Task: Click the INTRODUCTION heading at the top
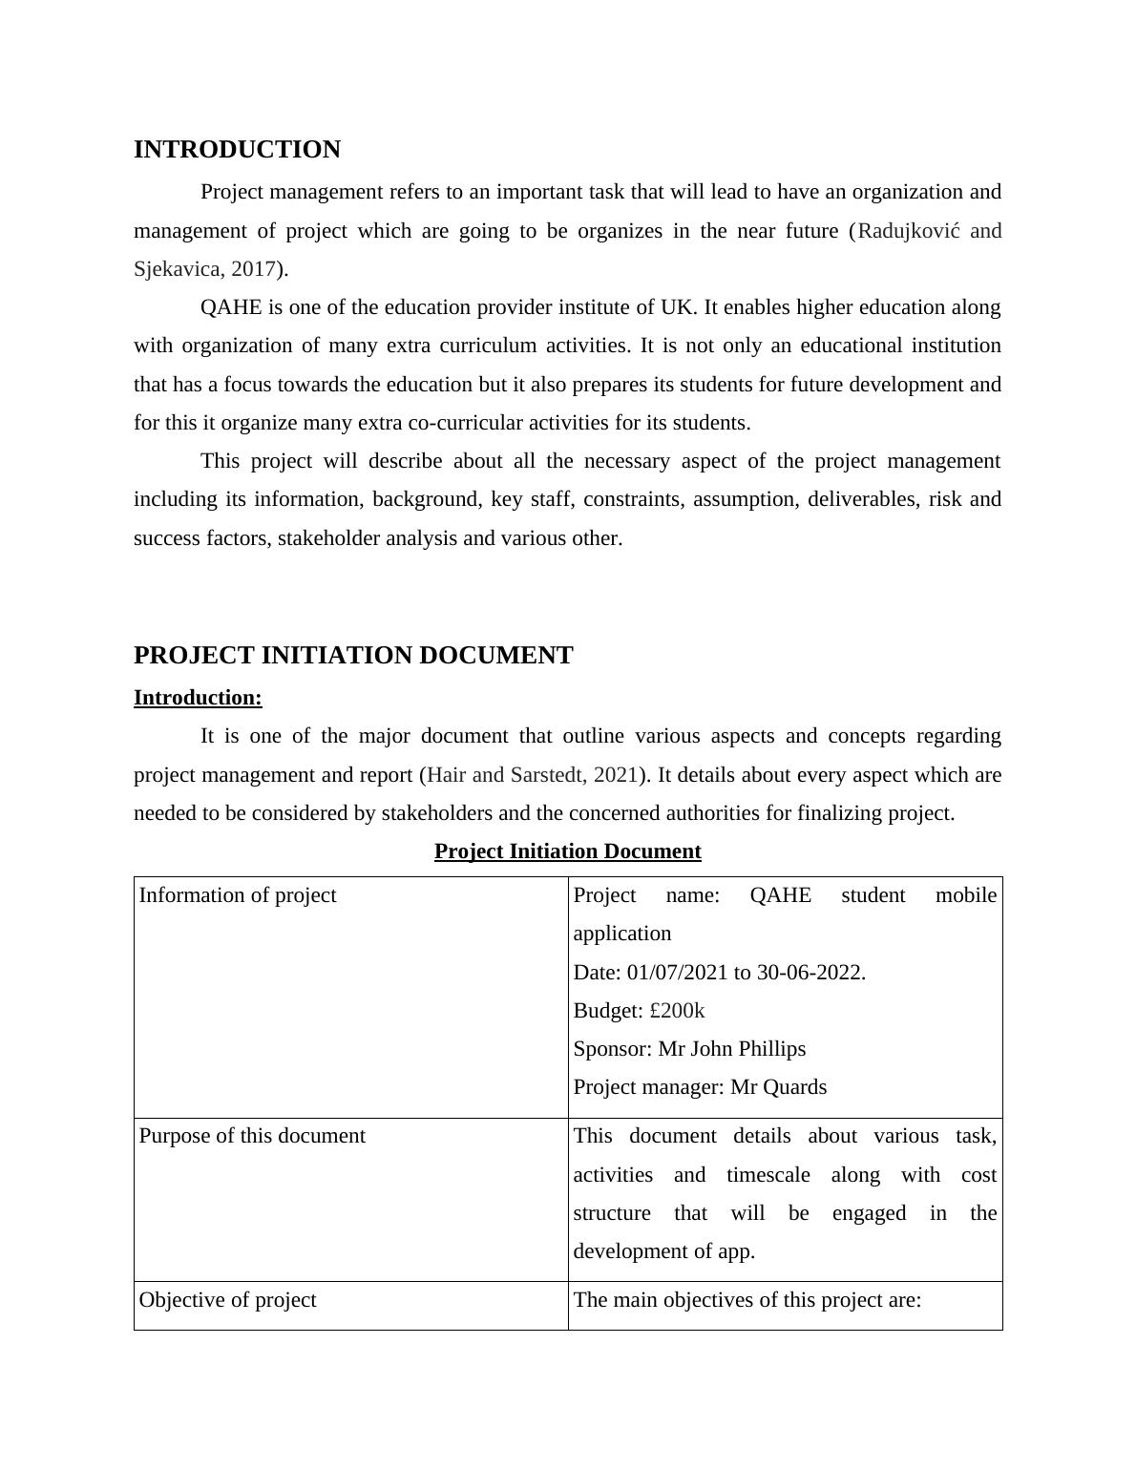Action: pos(237,150)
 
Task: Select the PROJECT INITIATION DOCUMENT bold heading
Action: pos(353,656)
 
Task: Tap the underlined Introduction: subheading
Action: pos(198,698)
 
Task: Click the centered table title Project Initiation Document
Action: pos(567,851)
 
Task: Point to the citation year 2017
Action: pos(253,269)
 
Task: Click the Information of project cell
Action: pos(238,895)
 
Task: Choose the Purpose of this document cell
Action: pos(252,1136)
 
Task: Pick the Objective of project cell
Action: pos(227,1300)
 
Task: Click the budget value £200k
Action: pos(677,1011)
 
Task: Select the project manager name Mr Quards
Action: pos(778,1087)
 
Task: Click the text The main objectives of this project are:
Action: pos(747,1300)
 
